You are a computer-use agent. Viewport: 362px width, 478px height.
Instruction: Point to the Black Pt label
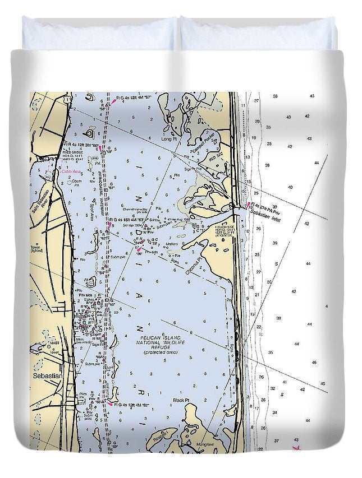point(181,400)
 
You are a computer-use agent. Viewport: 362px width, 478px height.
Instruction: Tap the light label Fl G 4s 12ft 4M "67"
point(131,404)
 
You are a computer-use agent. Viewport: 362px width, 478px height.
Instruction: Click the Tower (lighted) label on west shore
point(38,248)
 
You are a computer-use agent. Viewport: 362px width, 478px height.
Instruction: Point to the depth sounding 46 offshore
point(314,363)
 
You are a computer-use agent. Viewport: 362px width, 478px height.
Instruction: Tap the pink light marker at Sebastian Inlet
point(249,205)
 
